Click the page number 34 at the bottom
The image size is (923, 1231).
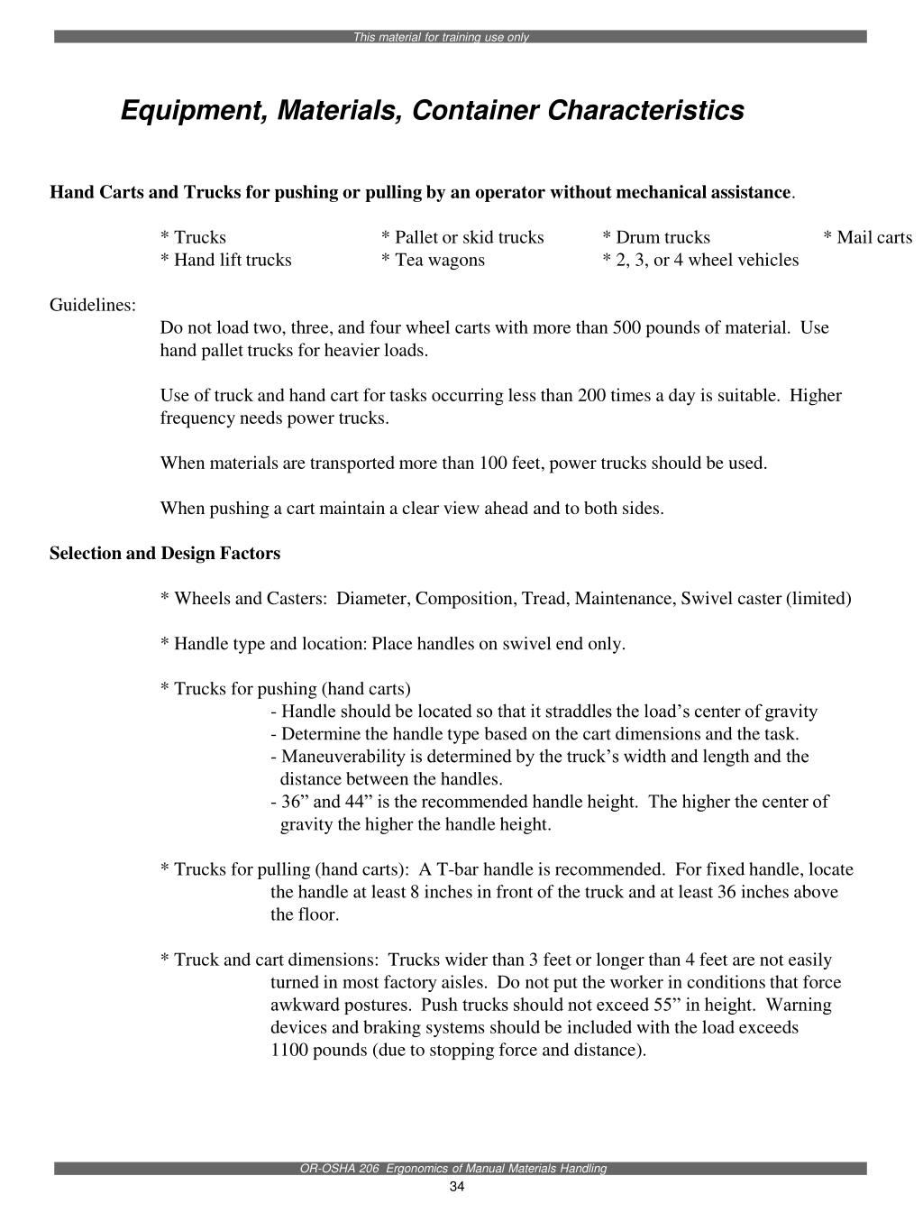pos(456,1186)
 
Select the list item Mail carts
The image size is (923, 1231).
pos(873,237)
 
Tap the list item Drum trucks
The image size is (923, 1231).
pos(662,237)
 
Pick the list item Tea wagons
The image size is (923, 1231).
pos(438,260)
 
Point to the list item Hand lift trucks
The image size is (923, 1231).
pos(232,260)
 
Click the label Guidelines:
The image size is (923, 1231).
pos(93,305)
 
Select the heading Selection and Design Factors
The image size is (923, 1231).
pos(165,553)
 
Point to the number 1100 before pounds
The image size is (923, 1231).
pos(289,1050)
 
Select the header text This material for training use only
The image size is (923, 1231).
pos(441,37)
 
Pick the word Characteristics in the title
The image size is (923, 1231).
pos(647,111)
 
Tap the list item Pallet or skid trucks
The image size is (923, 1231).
pos(468,237)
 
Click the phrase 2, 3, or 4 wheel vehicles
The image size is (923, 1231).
pos(706,260)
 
